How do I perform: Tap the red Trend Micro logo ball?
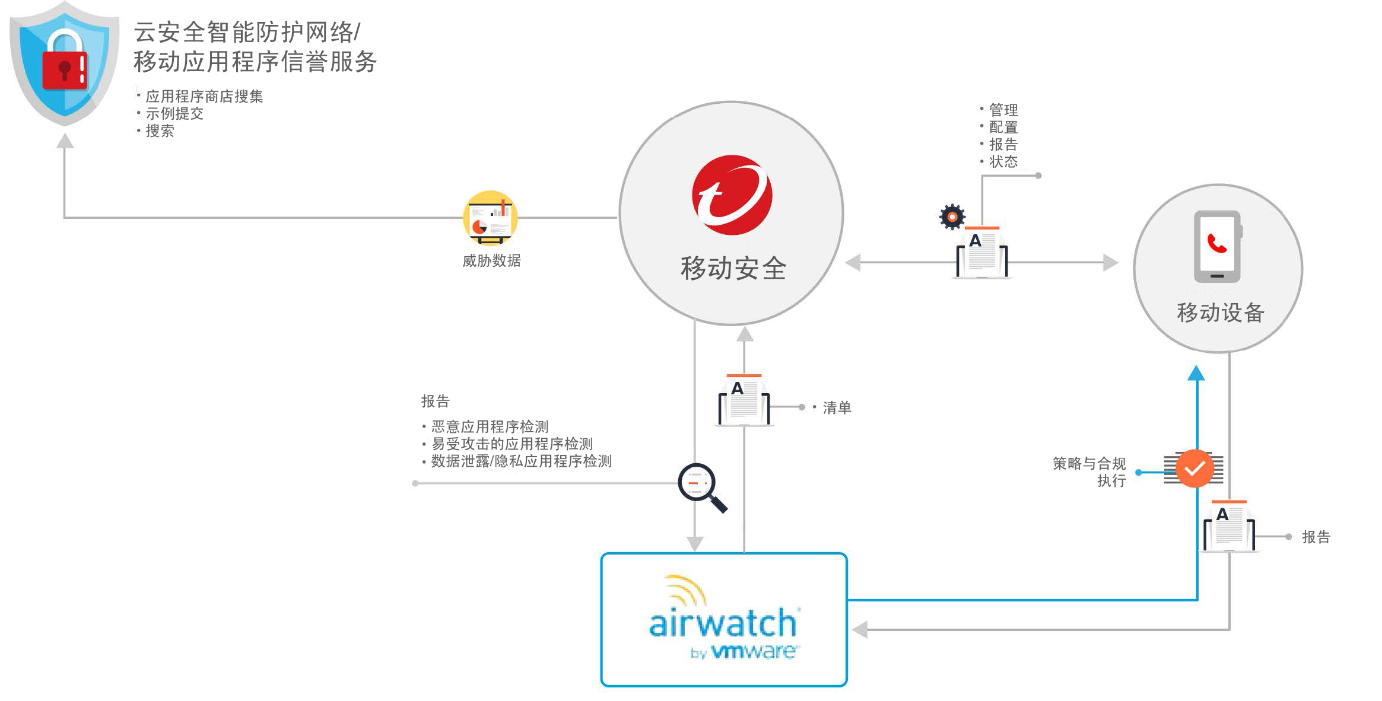[732, 195]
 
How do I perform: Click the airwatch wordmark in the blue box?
[723, 623]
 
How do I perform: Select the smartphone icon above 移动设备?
[1218, 246]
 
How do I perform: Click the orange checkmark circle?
[1194, 469]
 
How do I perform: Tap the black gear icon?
[952, 217]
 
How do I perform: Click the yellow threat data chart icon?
[490, 218]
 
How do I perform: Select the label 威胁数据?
[491, 261]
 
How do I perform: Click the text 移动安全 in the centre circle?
[733, 269]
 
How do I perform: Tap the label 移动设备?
[1221, 313]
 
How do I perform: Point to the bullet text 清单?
[837, 407]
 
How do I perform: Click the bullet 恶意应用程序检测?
[490, 426]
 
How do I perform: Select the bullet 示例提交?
[174, 113]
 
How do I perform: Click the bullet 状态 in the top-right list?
[1003, 161]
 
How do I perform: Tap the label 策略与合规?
[1089, 463]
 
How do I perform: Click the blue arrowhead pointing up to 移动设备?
[1196, 374]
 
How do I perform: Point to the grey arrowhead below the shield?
[65, 141]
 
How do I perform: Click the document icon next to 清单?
[744, 400]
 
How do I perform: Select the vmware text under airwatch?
[754, 652]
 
